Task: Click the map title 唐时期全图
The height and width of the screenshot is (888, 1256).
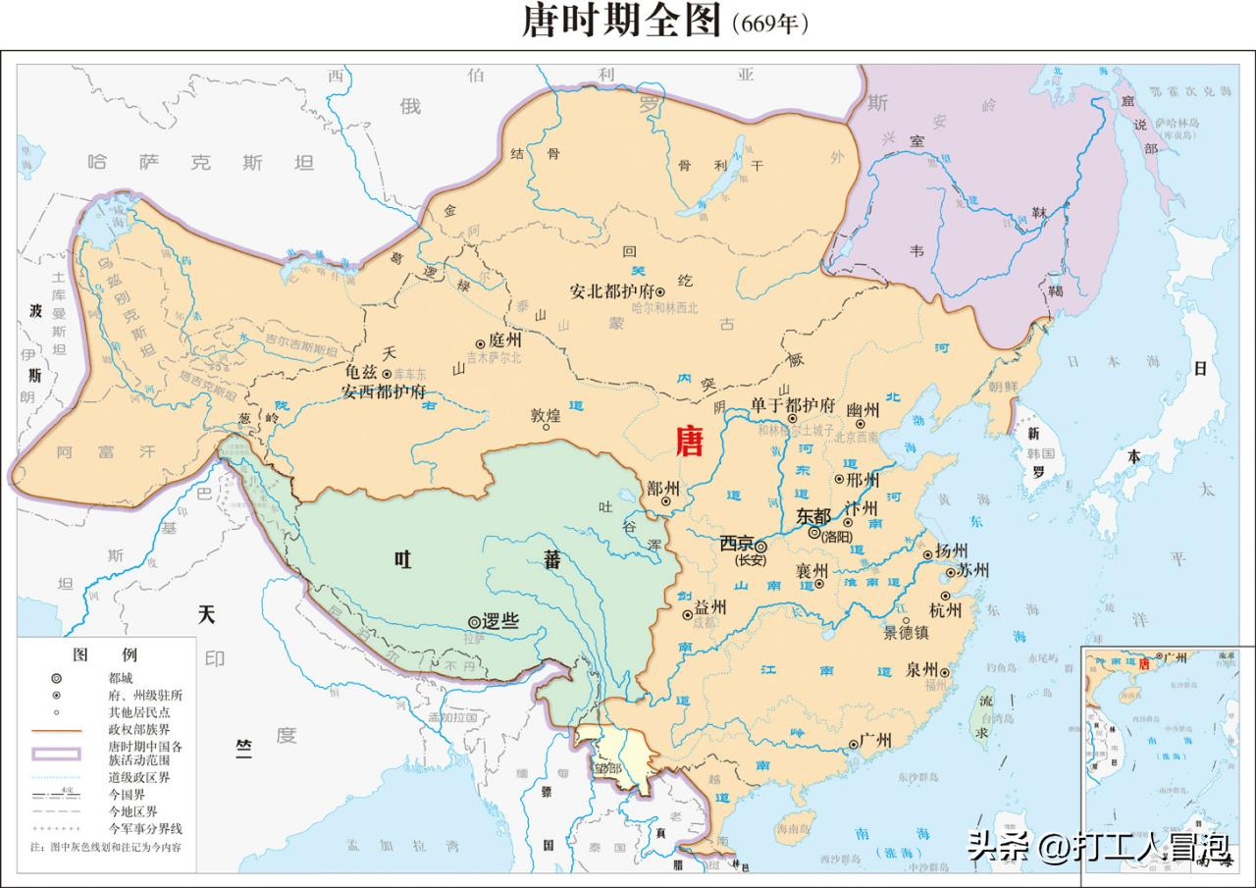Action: pyautogui.click(x=624, y=22)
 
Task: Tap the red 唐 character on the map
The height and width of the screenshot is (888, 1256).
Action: pyautogui.click(x=690, y=443)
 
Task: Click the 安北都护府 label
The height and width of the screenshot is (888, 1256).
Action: pyautogui.click(x=611, y=291)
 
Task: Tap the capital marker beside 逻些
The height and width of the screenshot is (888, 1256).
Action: pyautogui.click(x=474, y=621)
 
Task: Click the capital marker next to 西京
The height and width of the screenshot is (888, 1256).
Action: pyautogui.click(x=760, y=546)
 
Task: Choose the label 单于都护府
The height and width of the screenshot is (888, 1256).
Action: pyautogui.click(x=793, y=405)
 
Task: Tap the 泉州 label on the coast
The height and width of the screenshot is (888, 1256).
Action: pyautogui.click(x=921, y=670)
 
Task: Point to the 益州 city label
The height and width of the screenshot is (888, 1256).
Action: pyautogui.click(x=710, y=607)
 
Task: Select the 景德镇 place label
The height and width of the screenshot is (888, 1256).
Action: pyautogui.click(x=912, y=633)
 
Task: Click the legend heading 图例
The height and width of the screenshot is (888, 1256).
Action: pyautogui.click(x=106, y=654)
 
